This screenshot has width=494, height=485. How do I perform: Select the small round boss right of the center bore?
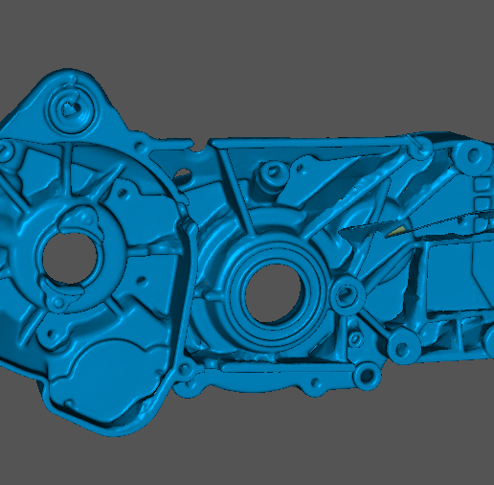[347, 294]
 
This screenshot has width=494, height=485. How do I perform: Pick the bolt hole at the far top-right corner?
[472, 157]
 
